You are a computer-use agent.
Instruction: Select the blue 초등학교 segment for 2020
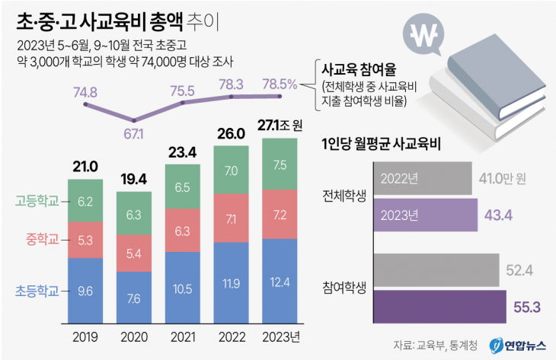tap(134, 298)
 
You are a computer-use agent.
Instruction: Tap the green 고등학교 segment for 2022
tap(231, 170)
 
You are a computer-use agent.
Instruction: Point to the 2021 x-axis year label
tap(183, 337)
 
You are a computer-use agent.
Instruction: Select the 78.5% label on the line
tap(280, 83)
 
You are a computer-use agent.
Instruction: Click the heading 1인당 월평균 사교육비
tap(382, 142)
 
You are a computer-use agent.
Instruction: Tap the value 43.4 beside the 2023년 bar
tap(500, 215)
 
